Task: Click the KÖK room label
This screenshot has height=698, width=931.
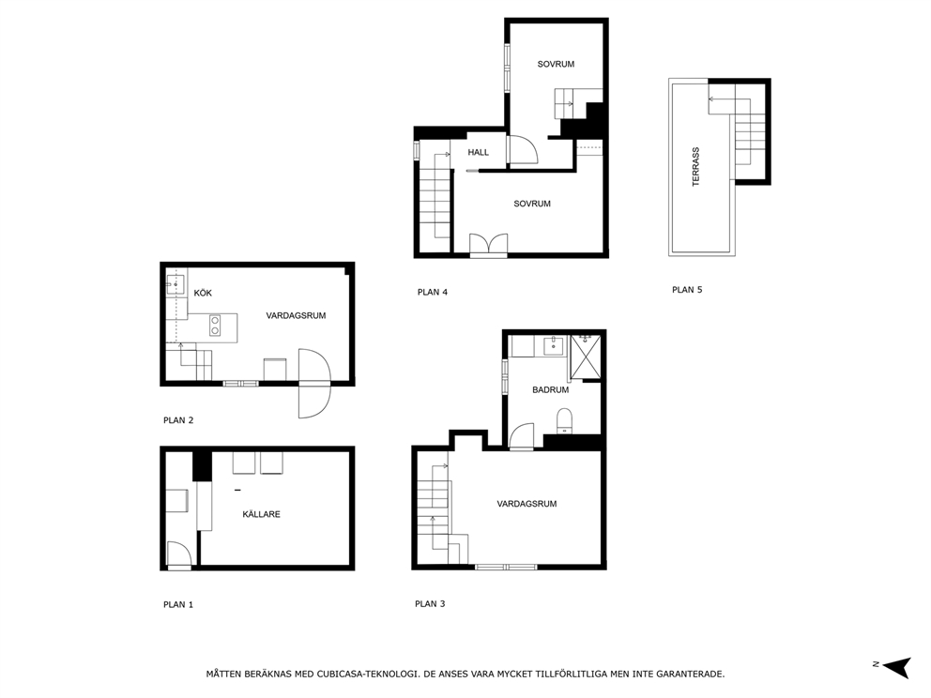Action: (x=203, y=293)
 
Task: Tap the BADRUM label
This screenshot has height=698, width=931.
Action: (x=550, y=390)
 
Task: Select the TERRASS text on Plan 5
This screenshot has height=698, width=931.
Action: (x=695, y=167)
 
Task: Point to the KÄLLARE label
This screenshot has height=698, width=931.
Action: (x=261, y=514)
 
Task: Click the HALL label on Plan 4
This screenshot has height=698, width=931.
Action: (x=478, y=153)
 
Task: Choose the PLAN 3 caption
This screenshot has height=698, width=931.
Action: (x=430, y=603)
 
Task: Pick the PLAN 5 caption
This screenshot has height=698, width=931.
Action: (x=687, y=290)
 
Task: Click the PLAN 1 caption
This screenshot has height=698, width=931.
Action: (x=178, y=604)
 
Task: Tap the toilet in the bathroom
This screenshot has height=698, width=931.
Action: (x=564, y=421)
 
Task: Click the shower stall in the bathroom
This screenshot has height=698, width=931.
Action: (x=586, y=357)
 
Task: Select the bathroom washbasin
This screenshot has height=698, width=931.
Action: (x=554, y=345)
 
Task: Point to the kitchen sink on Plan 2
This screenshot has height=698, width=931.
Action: (x=175, y=285)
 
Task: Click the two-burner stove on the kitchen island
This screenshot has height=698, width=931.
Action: (x=215, y=326)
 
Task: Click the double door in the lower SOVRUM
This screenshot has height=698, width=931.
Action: (x=489, y=244)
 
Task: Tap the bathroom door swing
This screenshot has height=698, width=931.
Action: (x=521, y=435)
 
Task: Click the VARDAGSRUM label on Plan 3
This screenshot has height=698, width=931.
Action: (x=527, y=504)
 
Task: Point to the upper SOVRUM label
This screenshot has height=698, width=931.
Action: (x=556, y=64)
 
